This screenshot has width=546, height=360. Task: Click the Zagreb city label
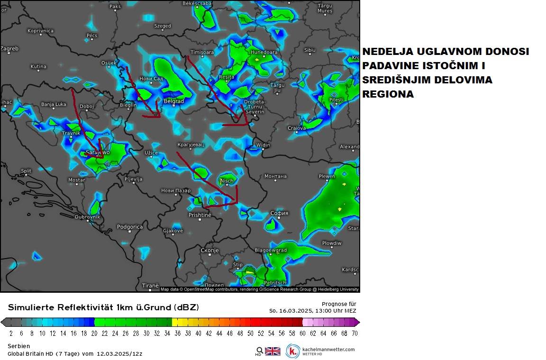click(x=9, y=48)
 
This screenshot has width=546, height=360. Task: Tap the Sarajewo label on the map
click(x=98, y=153)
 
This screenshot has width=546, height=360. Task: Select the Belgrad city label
click(x=173, y=101)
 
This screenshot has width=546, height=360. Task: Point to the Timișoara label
click(x=202, y=52)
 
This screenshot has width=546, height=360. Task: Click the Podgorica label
click(x=130, y=227)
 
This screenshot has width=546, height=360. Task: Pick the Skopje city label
click(x=209, y=250)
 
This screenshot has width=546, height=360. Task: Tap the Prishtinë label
click(x=200, y=215)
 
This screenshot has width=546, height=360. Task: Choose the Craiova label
click(x=297, y=128)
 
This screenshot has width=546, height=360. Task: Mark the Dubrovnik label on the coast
click(x=88, y=217)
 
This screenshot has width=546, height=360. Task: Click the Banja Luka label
click(x=54, y=104)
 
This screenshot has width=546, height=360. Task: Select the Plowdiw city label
click(x=332, y=243)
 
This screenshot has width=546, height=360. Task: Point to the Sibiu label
click(x=309, y=50)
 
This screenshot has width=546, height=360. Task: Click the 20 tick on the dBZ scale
click(x=94, y=333)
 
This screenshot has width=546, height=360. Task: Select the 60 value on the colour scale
click(x=302, y=333)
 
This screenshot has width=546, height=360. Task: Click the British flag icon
click(x=273, y=351)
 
